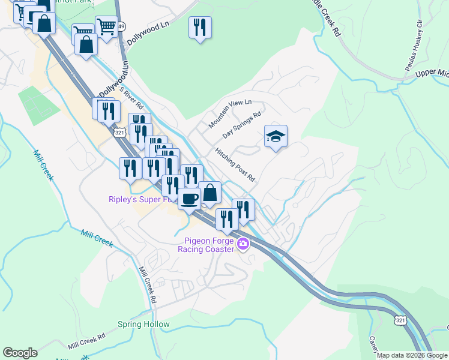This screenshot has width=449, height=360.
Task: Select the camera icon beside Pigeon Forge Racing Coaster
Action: click(x=243, y=244)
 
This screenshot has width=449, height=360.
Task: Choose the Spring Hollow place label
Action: click(x=143, y=325)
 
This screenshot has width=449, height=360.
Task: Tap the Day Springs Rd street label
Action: click(x=242, y=125)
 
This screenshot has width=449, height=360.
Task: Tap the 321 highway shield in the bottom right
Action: click(x=400, y=321)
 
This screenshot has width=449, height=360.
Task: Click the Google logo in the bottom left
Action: click(x=20, y=353)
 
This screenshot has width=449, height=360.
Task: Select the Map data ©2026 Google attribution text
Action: click(x=412, y=355)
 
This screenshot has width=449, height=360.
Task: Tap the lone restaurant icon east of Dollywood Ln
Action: click(x=200, y=28)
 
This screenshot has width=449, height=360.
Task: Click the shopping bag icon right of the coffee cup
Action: click(x=209, y=193)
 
